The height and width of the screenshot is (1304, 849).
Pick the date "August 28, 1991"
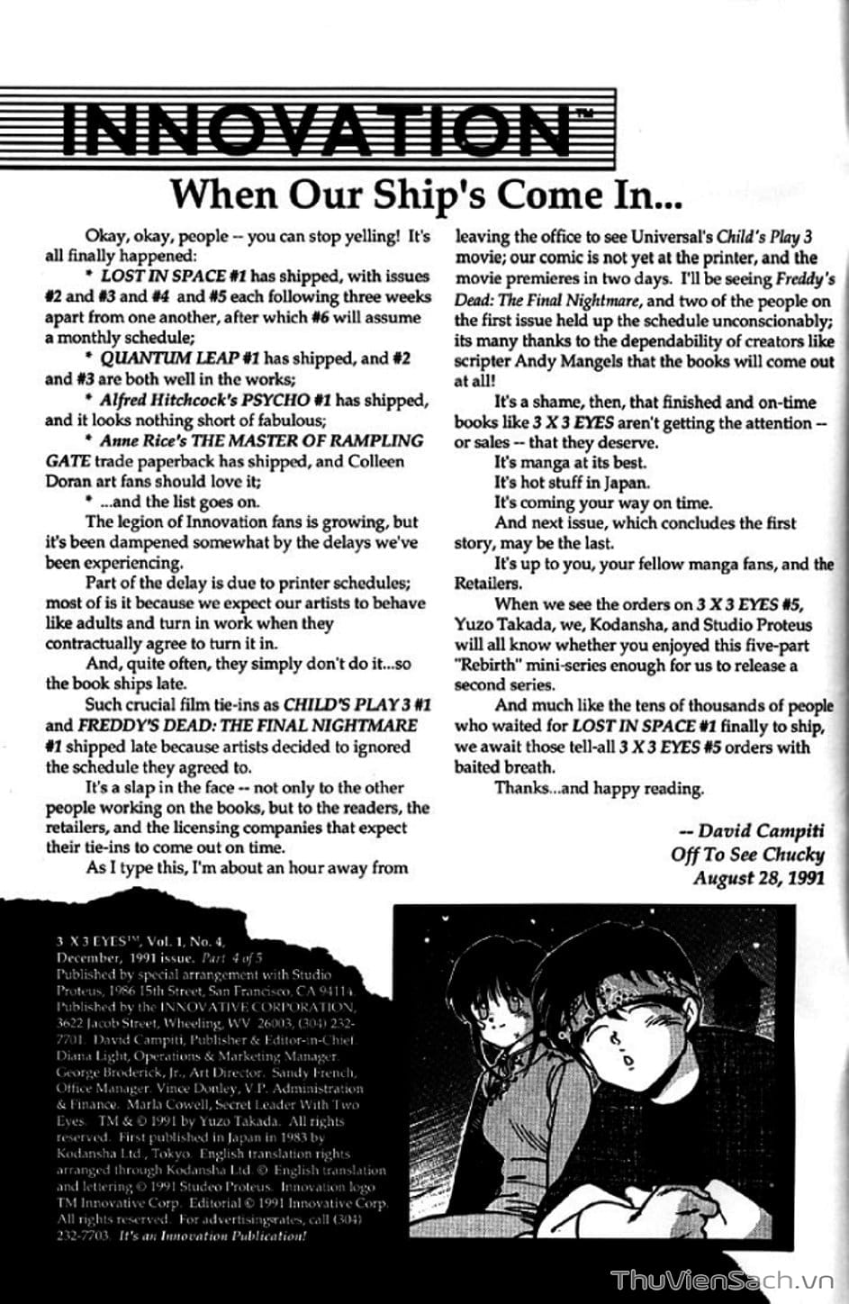(758, 878)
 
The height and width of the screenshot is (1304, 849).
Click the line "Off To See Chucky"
(747, 855)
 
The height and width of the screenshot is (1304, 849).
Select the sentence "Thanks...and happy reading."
(599, 789)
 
